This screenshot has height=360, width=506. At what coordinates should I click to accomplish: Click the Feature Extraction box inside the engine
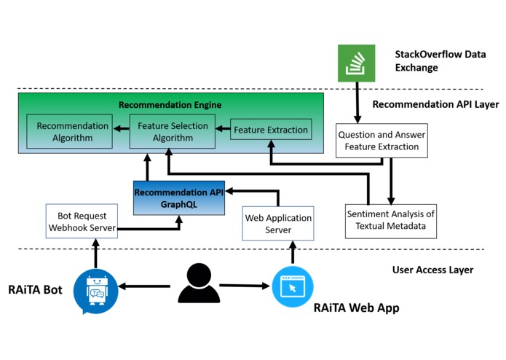click(271, 130)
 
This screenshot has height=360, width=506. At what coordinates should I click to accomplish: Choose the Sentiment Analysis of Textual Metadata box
click(390, 220)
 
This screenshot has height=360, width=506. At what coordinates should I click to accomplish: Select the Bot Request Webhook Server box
click(82, 222)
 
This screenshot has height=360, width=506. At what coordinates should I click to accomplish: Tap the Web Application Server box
click(277, 224)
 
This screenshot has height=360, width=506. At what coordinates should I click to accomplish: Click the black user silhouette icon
click(199, 284)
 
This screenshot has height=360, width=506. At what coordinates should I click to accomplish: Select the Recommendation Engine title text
click(170, 105)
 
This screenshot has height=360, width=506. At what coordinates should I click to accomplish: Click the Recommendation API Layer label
click(435, 104)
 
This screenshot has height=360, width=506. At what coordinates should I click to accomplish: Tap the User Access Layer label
click(432, 270)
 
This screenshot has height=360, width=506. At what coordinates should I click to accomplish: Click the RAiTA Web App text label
click(356, 308)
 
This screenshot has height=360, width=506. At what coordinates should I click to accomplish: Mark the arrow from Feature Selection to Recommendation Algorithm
click(119, 127)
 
